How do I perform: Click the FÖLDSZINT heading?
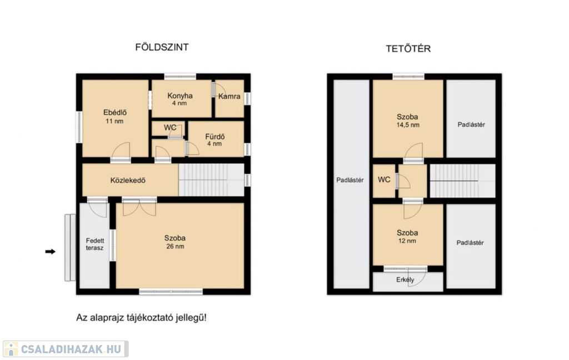[x=162, y=47]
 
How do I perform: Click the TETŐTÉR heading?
[x=408, y=49]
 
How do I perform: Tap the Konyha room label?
[x=180, y=99]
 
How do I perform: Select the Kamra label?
[x=229, y=97]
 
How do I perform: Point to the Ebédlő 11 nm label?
[x=114, y=117]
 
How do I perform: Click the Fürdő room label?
[x=215, y=139]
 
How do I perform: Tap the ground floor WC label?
[x=170, y=127]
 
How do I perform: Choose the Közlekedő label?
[x=128, y=181]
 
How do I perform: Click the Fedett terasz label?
[x=94, y=244]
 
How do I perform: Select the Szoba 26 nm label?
[x=175, y=242]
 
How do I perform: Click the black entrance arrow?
[x=51, y=252]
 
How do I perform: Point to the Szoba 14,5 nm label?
[x=407, y=121]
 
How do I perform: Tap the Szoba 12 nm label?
[x=407, y=237]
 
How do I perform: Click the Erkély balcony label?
[x=405, y=280]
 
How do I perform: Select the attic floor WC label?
[x=384, y=179]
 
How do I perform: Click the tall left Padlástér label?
[x=350, y=180]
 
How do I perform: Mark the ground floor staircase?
[x=211, y=180]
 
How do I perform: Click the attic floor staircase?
[x=462, y=181]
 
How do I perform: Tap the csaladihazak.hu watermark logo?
[x=66, y=349]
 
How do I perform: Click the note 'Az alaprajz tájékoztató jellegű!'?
[x=141, y=318]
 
